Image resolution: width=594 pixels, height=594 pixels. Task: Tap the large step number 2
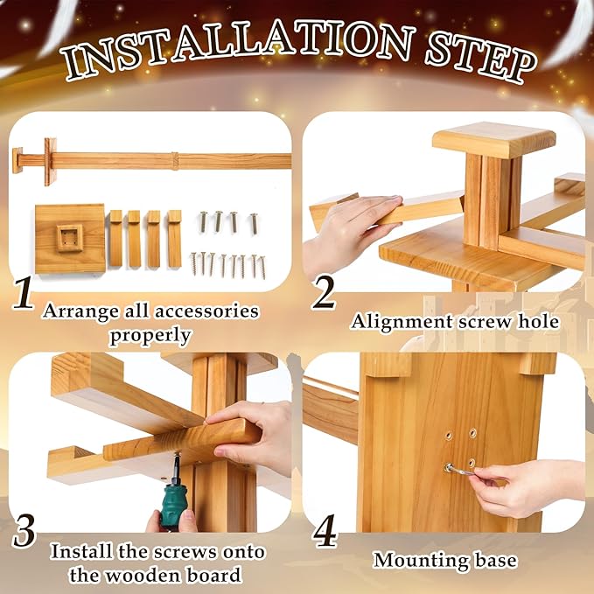tap(323, 292)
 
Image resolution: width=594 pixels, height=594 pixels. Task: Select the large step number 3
tap(24, 531)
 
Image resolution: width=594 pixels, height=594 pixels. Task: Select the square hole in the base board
tap(69, 237)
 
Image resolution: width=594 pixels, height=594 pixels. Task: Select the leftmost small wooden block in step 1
tap(115, 238)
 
